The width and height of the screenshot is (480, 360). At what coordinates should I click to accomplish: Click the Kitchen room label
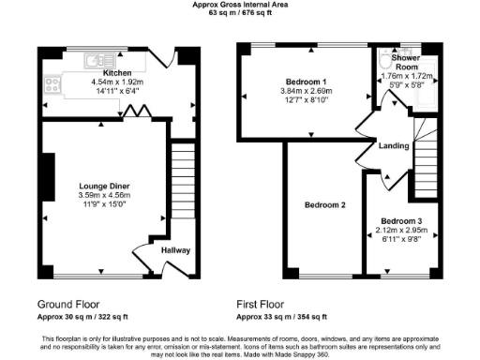117,73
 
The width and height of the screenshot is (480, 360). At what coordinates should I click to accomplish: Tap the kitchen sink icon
97,62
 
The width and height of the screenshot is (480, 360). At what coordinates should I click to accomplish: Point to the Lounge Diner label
104,187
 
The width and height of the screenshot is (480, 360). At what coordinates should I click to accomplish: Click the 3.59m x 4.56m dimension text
104,195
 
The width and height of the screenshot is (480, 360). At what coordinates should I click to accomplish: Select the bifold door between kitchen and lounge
138,112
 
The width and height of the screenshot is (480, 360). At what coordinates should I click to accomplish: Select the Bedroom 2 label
324,204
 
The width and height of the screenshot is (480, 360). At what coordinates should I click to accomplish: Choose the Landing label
392,145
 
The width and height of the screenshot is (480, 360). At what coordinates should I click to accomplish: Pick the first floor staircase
428,150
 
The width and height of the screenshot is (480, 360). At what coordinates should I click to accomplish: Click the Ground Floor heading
69,305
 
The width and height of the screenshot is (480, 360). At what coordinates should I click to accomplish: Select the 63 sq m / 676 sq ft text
239,13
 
